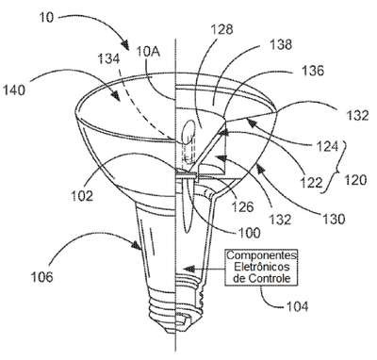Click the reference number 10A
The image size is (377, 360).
148,52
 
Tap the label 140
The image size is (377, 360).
13,90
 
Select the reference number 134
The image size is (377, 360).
108,59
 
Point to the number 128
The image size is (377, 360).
221,29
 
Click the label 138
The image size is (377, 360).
281,44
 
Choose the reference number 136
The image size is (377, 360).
313,71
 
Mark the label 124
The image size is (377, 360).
327,146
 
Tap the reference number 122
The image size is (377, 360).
311,183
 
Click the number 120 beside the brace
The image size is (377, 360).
355,180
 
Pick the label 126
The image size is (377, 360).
242,206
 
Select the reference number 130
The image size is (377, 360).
334,219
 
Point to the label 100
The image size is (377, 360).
250,233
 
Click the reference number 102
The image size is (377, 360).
82,196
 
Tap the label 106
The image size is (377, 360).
41,277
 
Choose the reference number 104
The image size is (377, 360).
297,306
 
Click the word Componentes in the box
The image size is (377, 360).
262,254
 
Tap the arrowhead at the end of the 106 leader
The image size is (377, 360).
138,245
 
